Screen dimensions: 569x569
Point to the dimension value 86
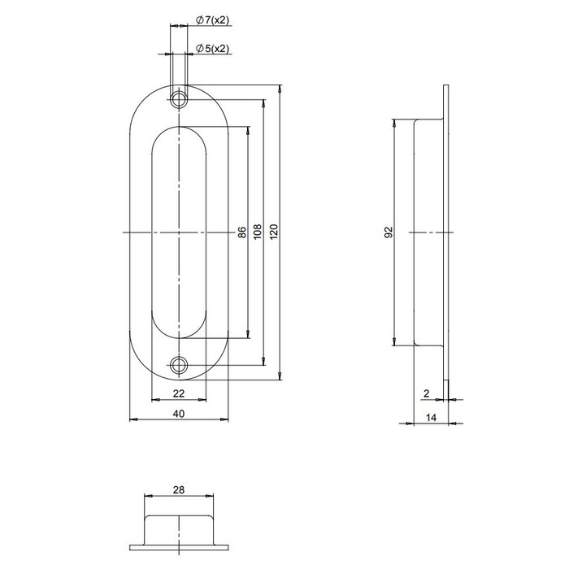pyautogui.click(x=241, y=232)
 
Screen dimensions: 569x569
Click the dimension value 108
pyautogui.click(x=258, y=232)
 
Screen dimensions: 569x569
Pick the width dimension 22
pyautogui.click(x=179, y=393)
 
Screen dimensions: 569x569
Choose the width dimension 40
pyautogui.click(x=179, y=413)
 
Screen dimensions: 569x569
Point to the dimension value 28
pyautogui.click(x=179, y=489)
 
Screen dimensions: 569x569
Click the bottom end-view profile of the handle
pyautogui.click(x=180, y=529)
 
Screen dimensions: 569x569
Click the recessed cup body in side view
pyautogui.click(x=428, y=232)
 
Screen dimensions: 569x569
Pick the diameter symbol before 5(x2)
pyautogui.click(x=200, y=49)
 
